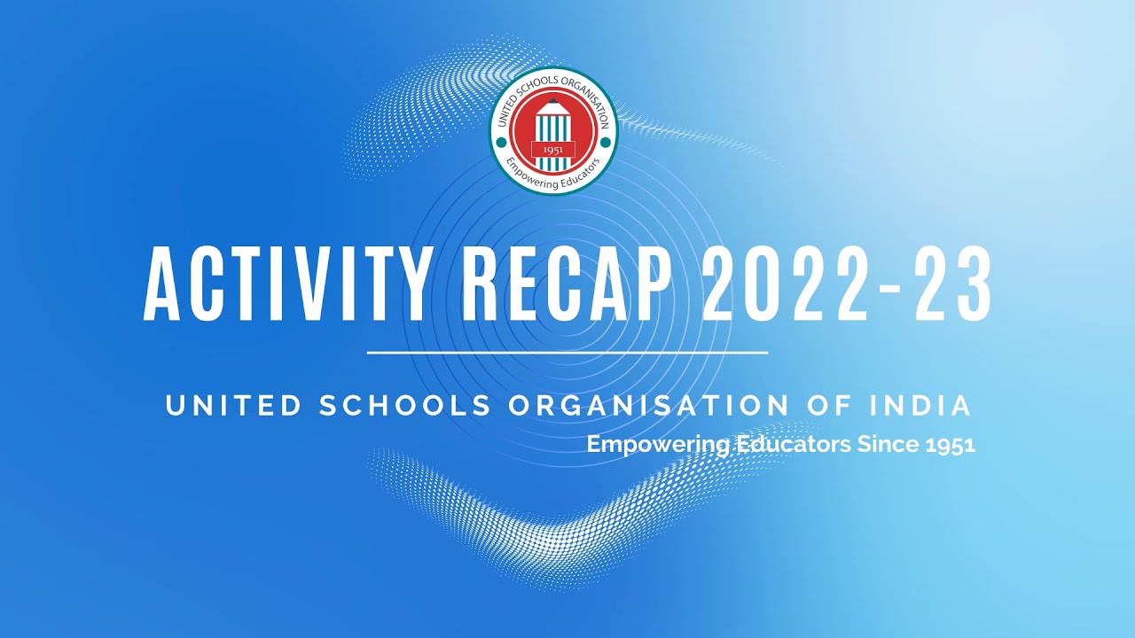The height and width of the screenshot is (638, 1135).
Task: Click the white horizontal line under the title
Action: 567,353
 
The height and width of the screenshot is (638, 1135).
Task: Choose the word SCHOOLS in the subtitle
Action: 405,406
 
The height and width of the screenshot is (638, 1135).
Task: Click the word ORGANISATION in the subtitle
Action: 649,406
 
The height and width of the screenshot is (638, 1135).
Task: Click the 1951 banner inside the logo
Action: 553,150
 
